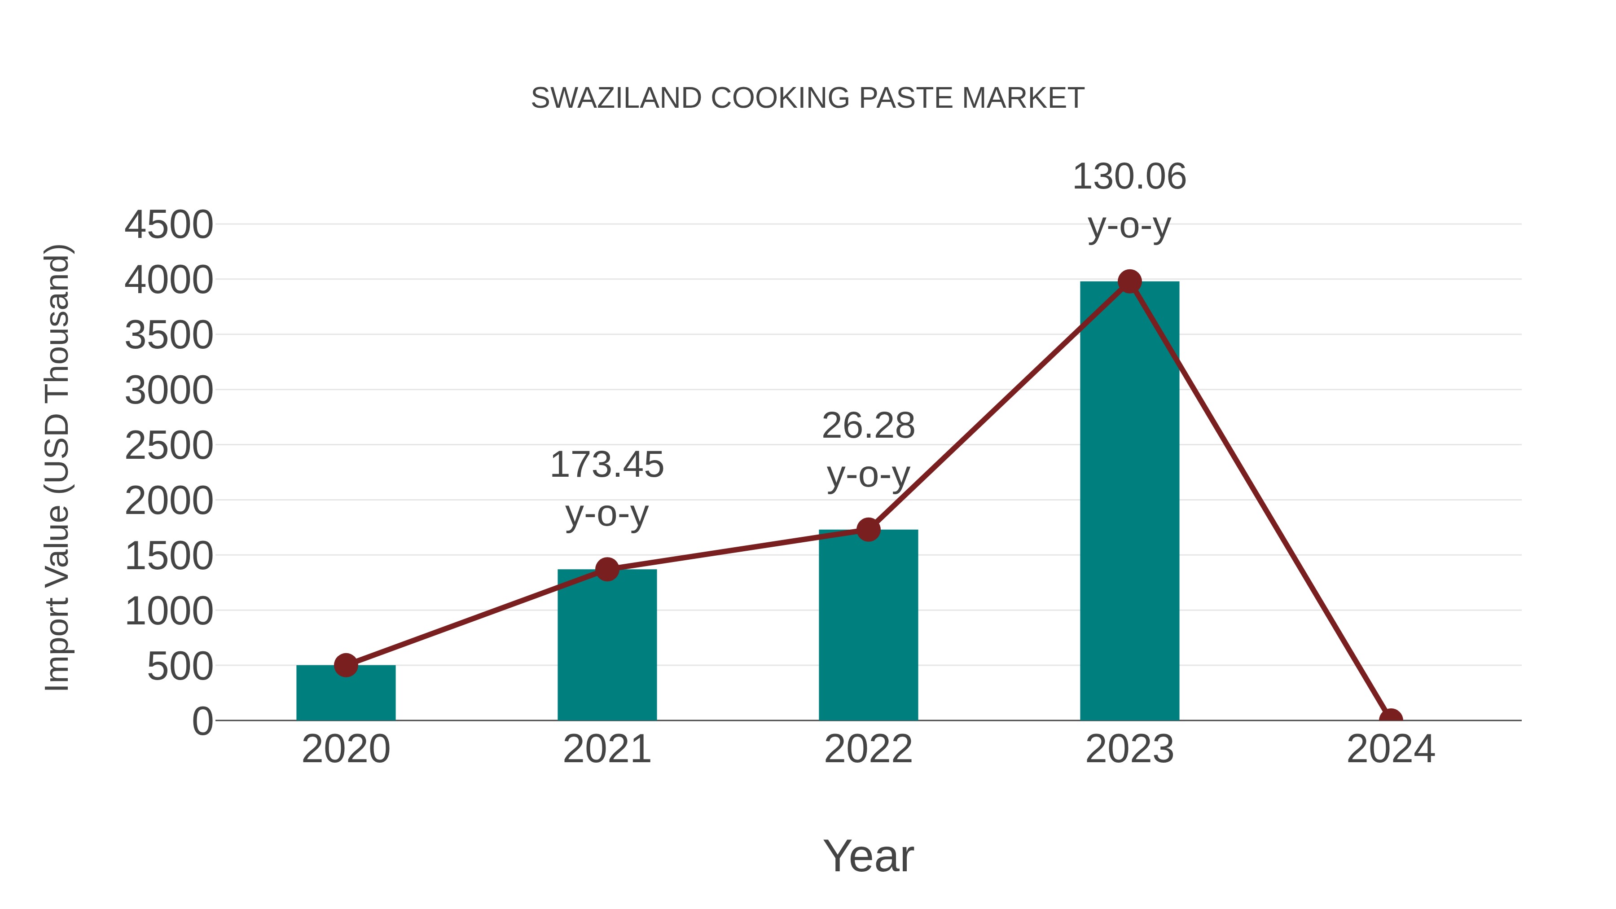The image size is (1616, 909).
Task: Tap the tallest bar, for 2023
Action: point(1129,502)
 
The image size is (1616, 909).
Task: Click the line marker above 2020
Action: point(346,665)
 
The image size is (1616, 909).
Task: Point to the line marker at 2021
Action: point(606,570)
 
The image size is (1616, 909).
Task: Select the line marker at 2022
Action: point(868,530)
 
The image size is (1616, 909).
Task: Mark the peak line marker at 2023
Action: point(1129,281)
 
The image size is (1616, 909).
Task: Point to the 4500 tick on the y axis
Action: point(169,224)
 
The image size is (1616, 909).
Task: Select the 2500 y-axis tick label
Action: point(169,446)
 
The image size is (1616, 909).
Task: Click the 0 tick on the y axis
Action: point(202,721)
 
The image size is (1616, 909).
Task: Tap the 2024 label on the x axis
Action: point(1390,749)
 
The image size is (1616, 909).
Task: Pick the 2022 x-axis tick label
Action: point(868,749)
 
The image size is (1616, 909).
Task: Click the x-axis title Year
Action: point(868,856)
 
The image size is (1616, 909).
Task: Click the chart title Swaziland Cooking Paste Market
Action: point(808,98)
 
